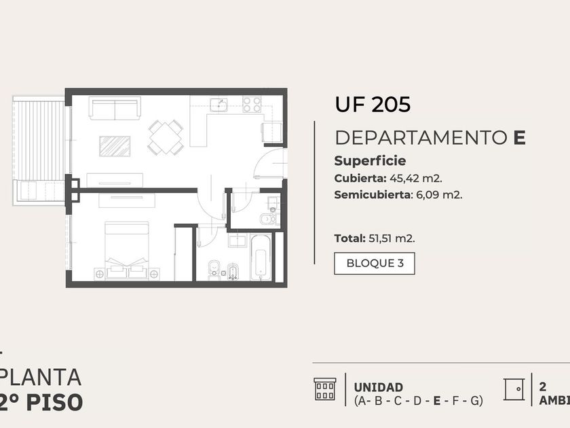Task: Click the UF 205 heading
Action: tap(373, 104)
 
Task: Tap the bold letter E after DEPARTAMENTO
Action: tap(520, 137)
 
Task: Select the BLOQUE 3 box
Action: tap(375, 263)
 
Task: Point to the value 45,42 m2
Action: tap(416, 178)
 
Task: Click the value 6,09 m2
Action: tap(439, 195)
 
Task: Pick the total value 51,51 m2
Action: tap(392, 238)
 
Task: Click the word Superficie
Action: tap(370, 161)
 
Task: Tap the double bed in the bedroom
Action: tap(127, 251)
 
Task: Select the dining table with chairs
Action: tap(166, 137)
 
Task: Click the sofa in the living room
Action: tap(115, 109)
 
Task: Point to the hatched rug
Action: tap(115, 146)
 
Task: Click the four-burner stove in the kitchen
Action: tap(252, 105)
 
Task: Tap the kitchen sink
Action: tap(218, 105)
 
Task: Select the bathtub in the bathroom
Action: tap(261, 258)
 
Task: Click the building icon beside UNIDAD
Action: tap(325, 389)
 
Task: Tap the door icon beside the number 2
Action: tap(514, 389)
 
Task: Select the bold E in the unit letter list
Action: tap(437, 401)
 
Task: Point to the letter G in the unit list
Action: tap(475, 401)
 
